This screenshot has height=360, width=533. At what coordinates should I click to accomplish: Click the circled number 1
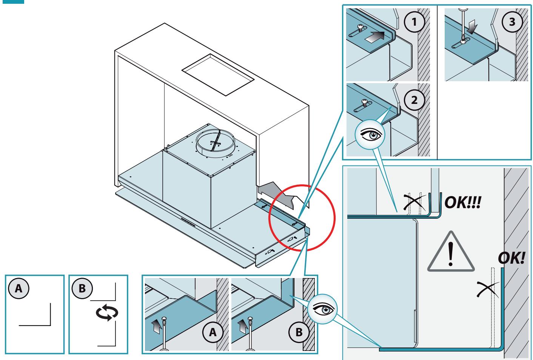click(x=414, y=22)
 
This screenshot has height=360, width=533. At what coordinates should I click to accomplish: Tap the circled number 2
click(x=414, y=100)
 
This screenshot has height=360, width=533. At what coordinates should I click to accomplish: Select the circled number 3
click(x=512, y=22)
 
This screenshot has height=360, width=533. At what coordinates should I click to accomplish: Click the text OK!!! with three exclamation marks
click(x=463, y=202)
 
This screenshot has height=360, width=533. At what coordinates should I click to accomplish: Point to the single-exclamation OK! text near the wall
click(x=511, y=258)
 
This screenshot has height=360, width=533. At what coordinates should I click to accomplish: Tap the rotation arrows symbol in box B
click(x=107, y=313)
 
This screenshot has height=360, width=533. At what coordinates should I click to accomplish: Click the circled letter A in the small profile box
click(x=18, y=288)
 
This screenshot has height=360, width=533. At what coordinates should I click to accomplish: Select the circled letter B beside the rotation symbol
click(x=82, y=288)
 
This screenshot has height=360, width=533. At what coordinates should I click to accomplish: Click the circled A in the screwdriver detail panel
click(x=213, y=332)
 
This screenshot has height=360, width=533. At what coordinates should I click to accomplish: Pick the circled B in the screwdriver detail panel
click(x=299, y=332)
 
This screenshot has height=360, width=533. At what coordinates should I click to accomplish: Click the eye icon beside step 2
click(x=370, y=135)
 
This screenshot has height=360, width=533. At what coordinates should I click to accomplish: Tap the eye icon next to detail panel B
click(x=322, y=309)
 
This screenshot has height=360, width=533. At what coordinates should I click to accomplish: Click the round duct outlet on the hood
click(x=215, y=143)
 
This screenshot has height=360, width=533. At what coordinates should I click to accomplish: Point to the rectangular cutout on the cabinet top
click(x=218, y=74)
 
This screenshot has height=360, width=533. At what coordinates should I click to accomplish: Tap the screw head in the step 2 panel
click(x=364, y=102)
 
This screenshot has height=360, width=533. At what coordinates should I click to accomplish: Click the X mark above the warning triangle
click(x=414, y=202)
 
